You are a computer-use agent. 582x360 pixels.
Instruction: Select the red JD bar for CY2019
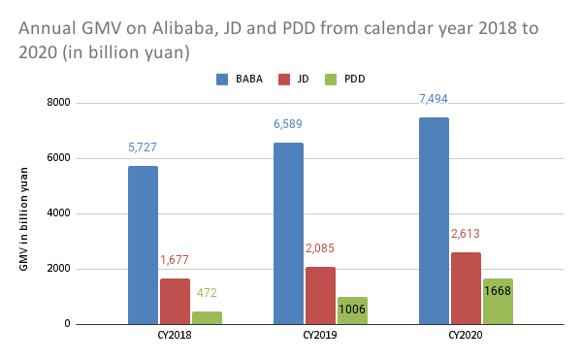[x=320, y=295]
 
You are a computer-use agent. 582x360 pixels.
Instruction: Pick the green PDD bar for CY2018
[x=206, y=317]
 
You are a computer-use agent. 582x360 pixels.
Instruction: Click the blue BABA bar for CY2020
[x=434, y=220]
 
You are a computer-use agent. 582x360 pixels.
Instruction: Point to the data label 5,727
[x=143, y=147]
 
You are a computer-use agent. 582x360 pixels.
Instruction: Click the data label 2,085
[x=320, y=248]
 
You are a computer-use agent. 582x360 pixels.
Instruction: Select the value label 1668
[x=497, y=291]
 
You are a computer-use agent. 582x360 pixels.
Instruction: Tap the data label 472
[x=206, y=292]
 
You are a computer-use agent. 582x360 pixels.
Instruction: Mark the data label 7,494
[x=434, y=99]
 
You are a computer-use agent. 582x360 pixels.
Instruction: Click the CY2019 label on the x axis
[x=320, y=336]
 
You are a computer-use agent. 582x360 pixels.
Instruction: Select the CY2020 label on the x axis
[x=466, y=336]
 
